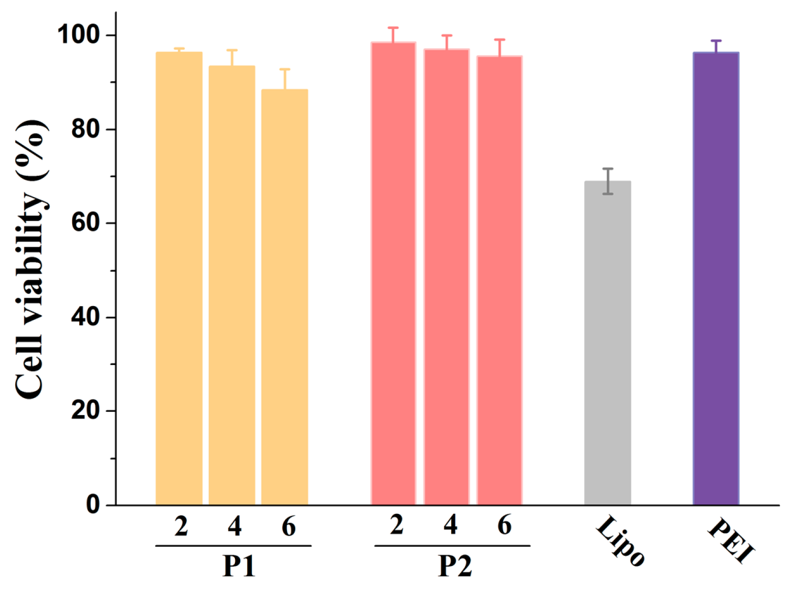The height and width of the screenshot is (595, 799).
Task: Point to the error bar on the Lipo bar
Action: click(608, 181)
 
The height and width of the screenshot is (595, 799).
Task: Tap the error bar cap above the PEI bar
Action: click(716, 41)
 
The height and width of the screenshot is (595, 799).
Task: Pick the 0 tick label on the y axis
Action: click(93, 505)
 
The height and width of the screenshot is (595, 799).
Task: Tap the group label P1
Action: click(239, 566)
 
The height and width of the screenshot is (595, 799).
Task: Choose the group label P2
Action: click(455, 566)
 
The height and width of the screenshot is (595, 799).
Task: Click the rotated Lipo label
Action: click(620, 541)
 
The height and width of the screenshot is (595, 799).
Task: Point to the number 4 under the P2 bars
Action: click(450, 525)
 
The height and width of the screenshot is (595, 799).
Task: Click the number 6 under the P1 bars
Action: click(288, 527)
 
